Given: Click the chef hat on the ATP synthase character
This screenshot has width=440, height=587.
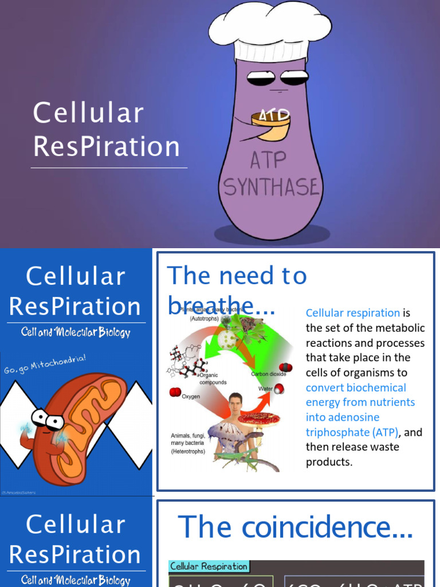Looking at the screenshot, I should (270, 32).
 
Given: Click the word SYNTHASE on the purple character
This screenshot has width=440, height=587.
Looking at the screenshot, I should (270, 187).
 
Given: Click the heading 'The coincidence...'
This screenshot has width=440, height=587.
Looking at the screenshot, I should (295, 527).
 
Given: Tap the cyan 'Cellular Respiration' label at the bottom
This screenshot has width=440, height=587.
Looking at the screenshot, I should (209, 566).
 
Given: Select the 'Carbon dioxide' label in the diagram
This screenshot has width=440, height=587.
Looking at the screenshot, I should (268, 374).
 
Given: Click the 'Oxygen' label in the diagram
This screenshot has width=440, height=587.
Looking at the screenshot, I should (191, 396).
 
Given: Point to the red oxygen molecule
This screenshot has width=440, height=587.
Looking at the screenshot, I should (175, 392).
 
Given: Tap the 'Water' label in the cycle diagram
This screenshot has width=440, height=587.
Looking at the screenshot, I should (265, 388).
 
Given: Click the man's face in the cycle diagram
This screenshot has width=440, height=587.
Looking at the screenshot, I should (235, 404).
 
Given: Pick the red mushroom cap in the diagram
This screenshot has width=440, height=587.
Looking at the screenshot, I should (259, 419).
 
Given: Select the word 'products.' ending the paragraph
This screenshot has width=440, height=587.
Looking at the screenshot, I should (329, 462).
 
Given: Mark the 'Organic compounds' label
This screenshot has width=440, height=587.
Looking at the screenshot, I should (213, 379).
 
